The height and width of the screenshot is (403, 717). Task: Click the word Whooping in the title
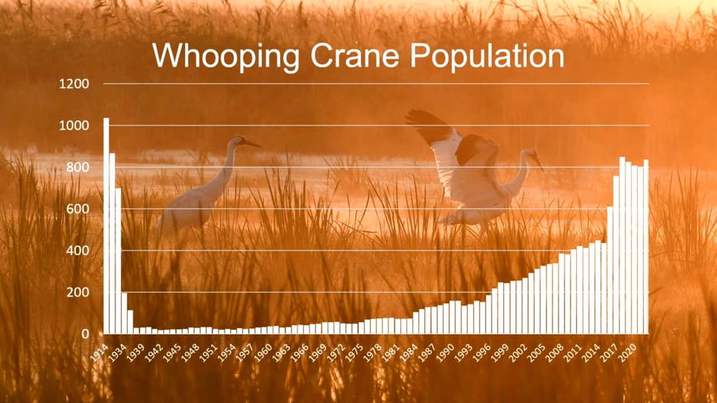coord(226,57)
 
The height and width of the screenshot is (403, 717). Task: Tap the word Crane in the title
coord(355,55)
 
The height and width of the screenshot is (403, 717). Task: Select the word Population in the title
coord(487,57)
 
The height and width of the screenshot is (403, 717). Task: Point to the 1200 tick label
coord(74,84)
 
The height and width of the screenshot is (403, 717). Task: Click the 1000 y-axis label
coord(74,125)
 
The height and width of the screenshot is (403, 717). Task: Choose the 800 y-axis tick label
coord(78,167)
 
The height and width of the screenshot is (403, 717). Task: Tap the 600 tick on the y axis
coord(78,209)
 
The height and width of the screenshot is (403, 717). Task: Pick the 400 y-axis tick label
coord(78,251)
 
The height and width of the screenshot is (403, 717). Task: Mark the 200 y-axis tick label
coord(78,292)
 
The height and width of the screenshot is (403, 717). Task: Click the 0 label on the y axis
coord(85,334)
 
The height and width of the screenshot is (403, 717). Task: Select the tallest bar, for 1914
coord(106,225)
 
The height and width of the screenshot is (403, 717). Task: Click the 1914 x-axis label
coord(99,353)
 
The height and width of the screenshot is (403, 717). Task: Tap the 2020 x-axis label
coord(628,353)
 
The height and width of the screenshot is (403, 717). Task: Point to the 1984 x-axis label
coord(409,353)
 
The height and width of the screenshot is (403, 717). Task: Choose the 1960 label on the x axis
coord(263,353)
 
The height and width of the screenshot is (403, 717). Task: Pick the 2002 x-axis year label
coord(518,353)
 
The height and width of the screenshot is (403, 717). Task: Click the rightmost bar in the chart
coord(645,247)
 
